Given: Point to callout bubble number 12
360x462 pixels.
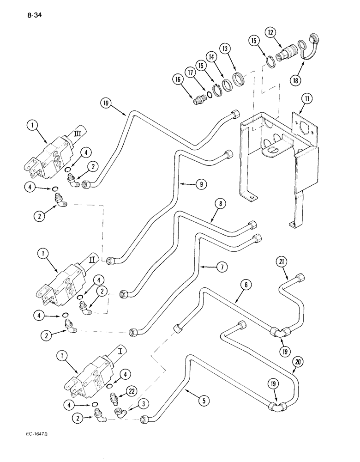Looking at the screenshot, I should pos(271,32).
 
